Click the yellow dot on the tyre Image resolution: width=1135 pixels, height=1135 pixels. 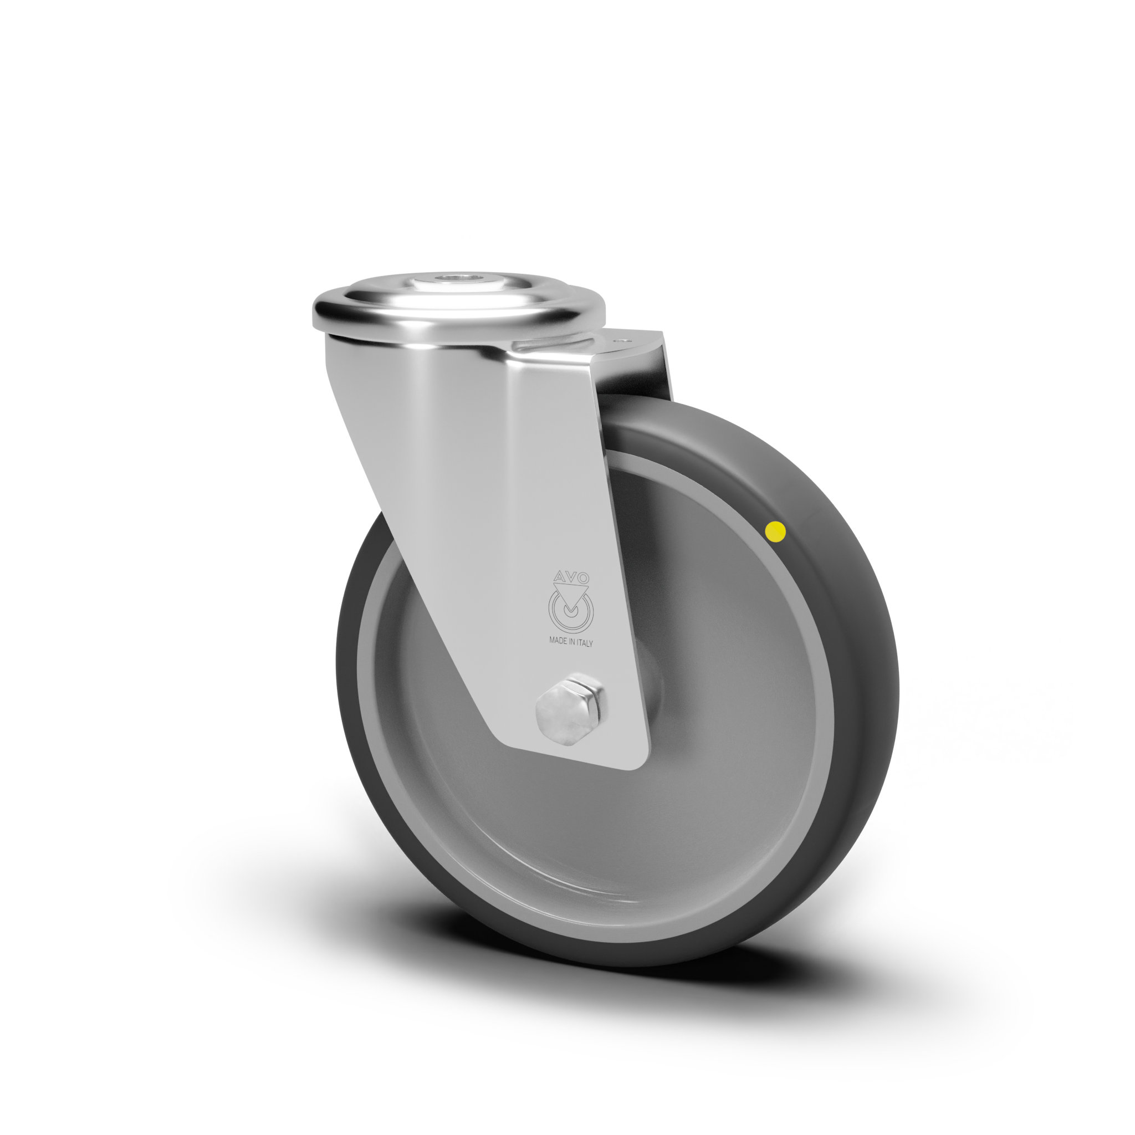(x=776, y=531)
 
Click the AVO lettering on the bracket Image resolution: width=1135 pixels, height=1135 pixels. (x=570, y=576)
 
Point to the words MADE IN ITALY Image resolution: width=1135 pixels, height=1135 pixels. (x=571, y=643)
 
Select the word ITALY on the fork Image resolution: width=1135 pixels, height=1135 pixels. (x=585, y=643)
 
